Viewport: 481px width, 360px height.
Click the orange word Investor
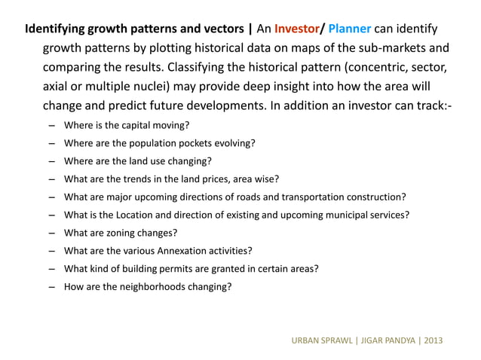(x=297, y=31)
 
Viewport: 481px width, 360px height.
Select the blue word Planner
(x=349, y=31)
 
